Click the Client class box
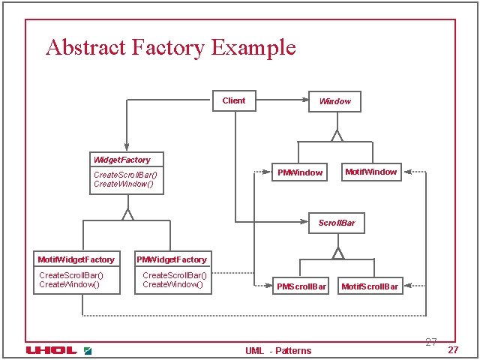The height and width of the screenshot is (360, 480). (234, 100)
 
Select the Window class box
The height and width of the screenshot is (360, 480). (334, 101)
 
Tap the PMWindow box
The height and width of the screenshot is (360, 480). (300, 172)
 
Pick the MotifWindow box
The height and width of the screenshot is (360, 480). (370, 172)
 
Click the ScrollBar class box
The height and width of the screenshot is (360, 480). (337, 223)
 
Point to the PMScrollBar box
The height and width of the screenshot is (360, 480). (301, 286)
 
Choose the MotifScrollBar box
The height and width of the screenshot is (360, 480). (370, 286)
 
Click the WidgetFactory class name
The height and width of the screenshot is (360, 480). (121, 160)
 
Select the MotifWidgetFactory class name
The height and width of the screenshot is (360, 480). (76, 259)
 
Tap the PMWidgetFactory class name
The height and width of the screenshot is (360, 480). (172, 259)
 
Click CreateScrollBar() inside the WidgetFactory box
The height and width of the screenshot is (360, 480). (125, 175)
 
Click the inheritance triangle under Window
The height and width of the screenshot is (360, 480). (337, 136)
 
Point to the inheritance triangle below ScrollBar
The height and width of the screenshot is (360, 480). (337, 253)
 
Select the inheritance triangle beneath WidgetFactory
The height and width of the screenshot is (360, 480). (127, 214)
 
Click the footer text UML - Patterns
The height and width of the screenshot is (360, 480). (278, 350)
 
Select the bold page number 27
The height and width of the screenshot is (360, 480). (452, 351)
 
